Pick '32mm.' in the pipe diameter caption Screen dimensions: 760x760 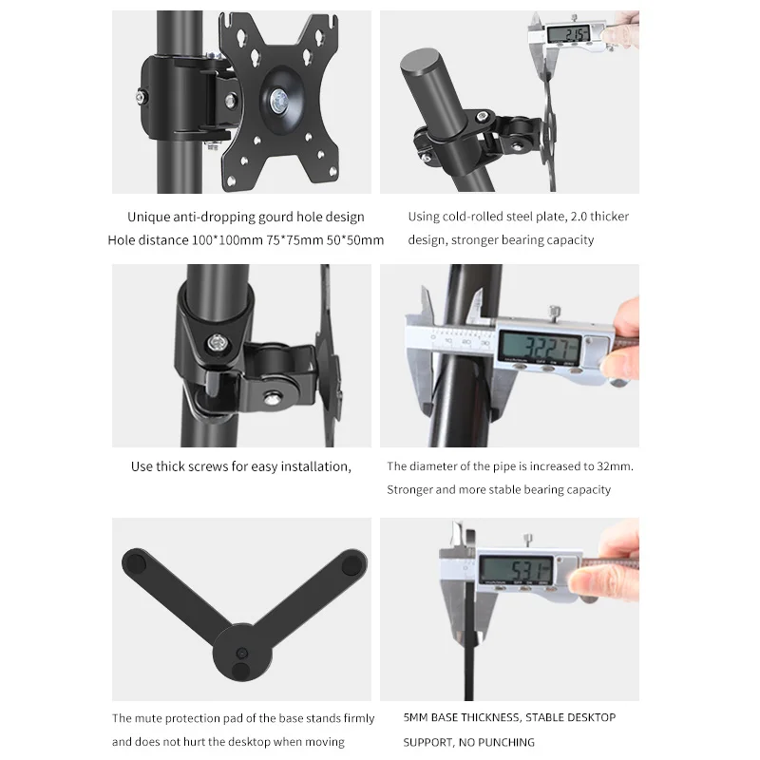coord(614,466)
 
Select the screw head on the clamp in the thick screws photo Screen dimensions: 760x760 coord(219,342)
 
